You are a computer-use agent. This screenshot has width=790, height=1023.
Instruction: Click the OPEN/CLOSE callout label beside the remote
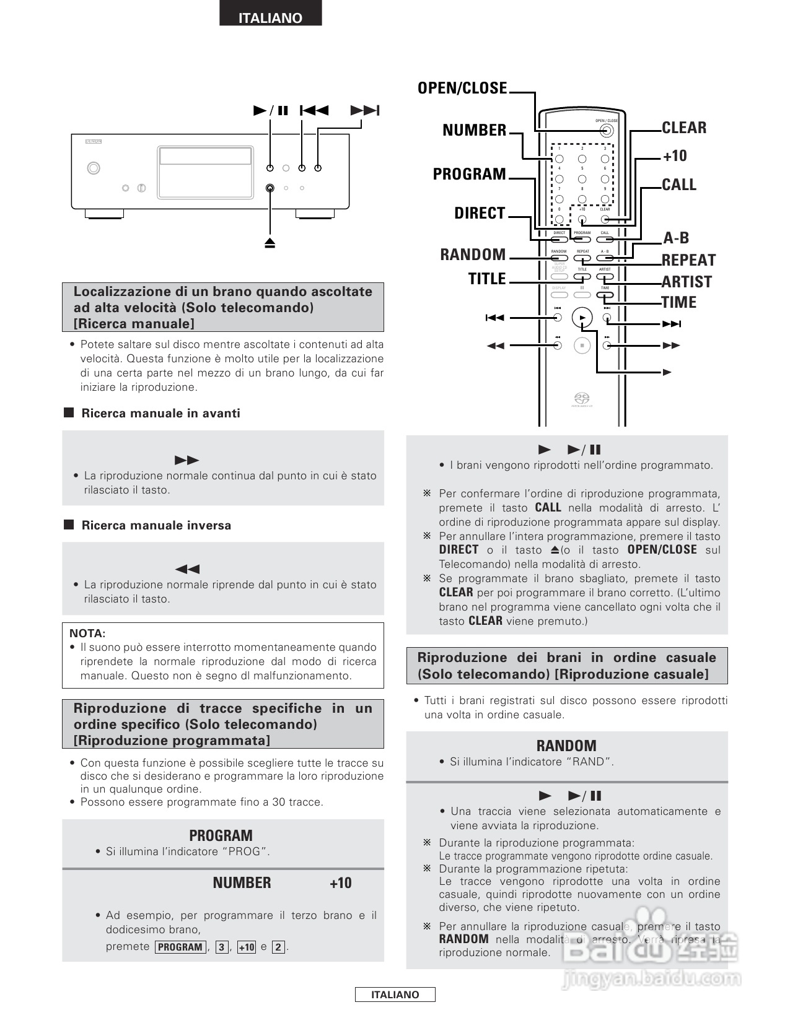(x=462, y=88)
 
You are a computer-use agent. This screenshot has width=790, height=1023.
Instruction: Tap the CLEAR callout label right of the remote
(x=684, y=128)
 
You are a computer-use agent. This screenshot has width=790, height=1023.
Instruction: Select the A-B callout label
(x=676, y=238)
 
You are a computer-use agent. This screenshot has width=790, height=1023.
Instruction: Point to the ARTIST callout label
(x=687, y=282)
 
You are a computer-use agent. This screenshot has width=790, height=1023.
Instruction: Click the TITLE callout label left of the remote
(x=487, y=279)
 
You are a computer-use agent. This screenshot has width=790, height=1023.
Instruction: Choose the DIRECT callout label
(x=480, y=213)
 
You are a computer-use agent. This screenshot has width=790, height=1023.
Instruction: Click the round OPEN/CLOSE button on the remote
(x=607, y=131)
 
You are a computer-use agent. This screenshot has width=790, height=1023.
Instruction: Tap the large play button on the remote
(x=582, y=318)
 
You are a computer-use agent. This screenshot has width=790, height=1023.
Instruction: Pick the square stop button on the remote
(x=582, y=346)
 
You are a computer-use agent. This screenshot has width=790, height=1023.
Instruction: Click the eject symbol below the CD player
(x=270, y=243)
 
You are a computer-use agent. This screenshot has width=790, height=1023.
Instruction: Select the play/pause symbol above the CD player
(x=271, y=111)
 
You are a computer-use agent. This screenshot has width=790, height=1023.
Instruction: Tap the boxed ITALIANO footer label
(x=395, y=995)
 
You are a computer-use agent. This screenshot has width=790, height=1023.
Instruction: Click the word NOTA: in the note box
(x=87, y=633)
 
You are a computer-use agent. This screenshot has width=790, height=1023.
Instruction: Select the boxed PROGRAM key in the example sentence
(x=180, y=947)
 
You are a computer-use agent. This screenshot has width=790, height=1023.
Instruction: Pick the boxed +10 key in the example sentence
(x=247, y=947)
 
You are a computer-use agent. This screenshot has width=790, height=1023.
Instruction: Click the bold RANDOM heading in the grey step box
(x=566, y=746)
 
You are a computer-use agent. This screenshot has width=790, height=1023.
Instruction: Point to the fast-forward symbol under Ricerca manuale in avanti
(x=187, y=460)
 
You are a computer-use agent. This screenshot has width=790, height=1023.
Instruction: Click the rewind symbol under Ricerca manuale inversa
(x=187, y=569)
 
